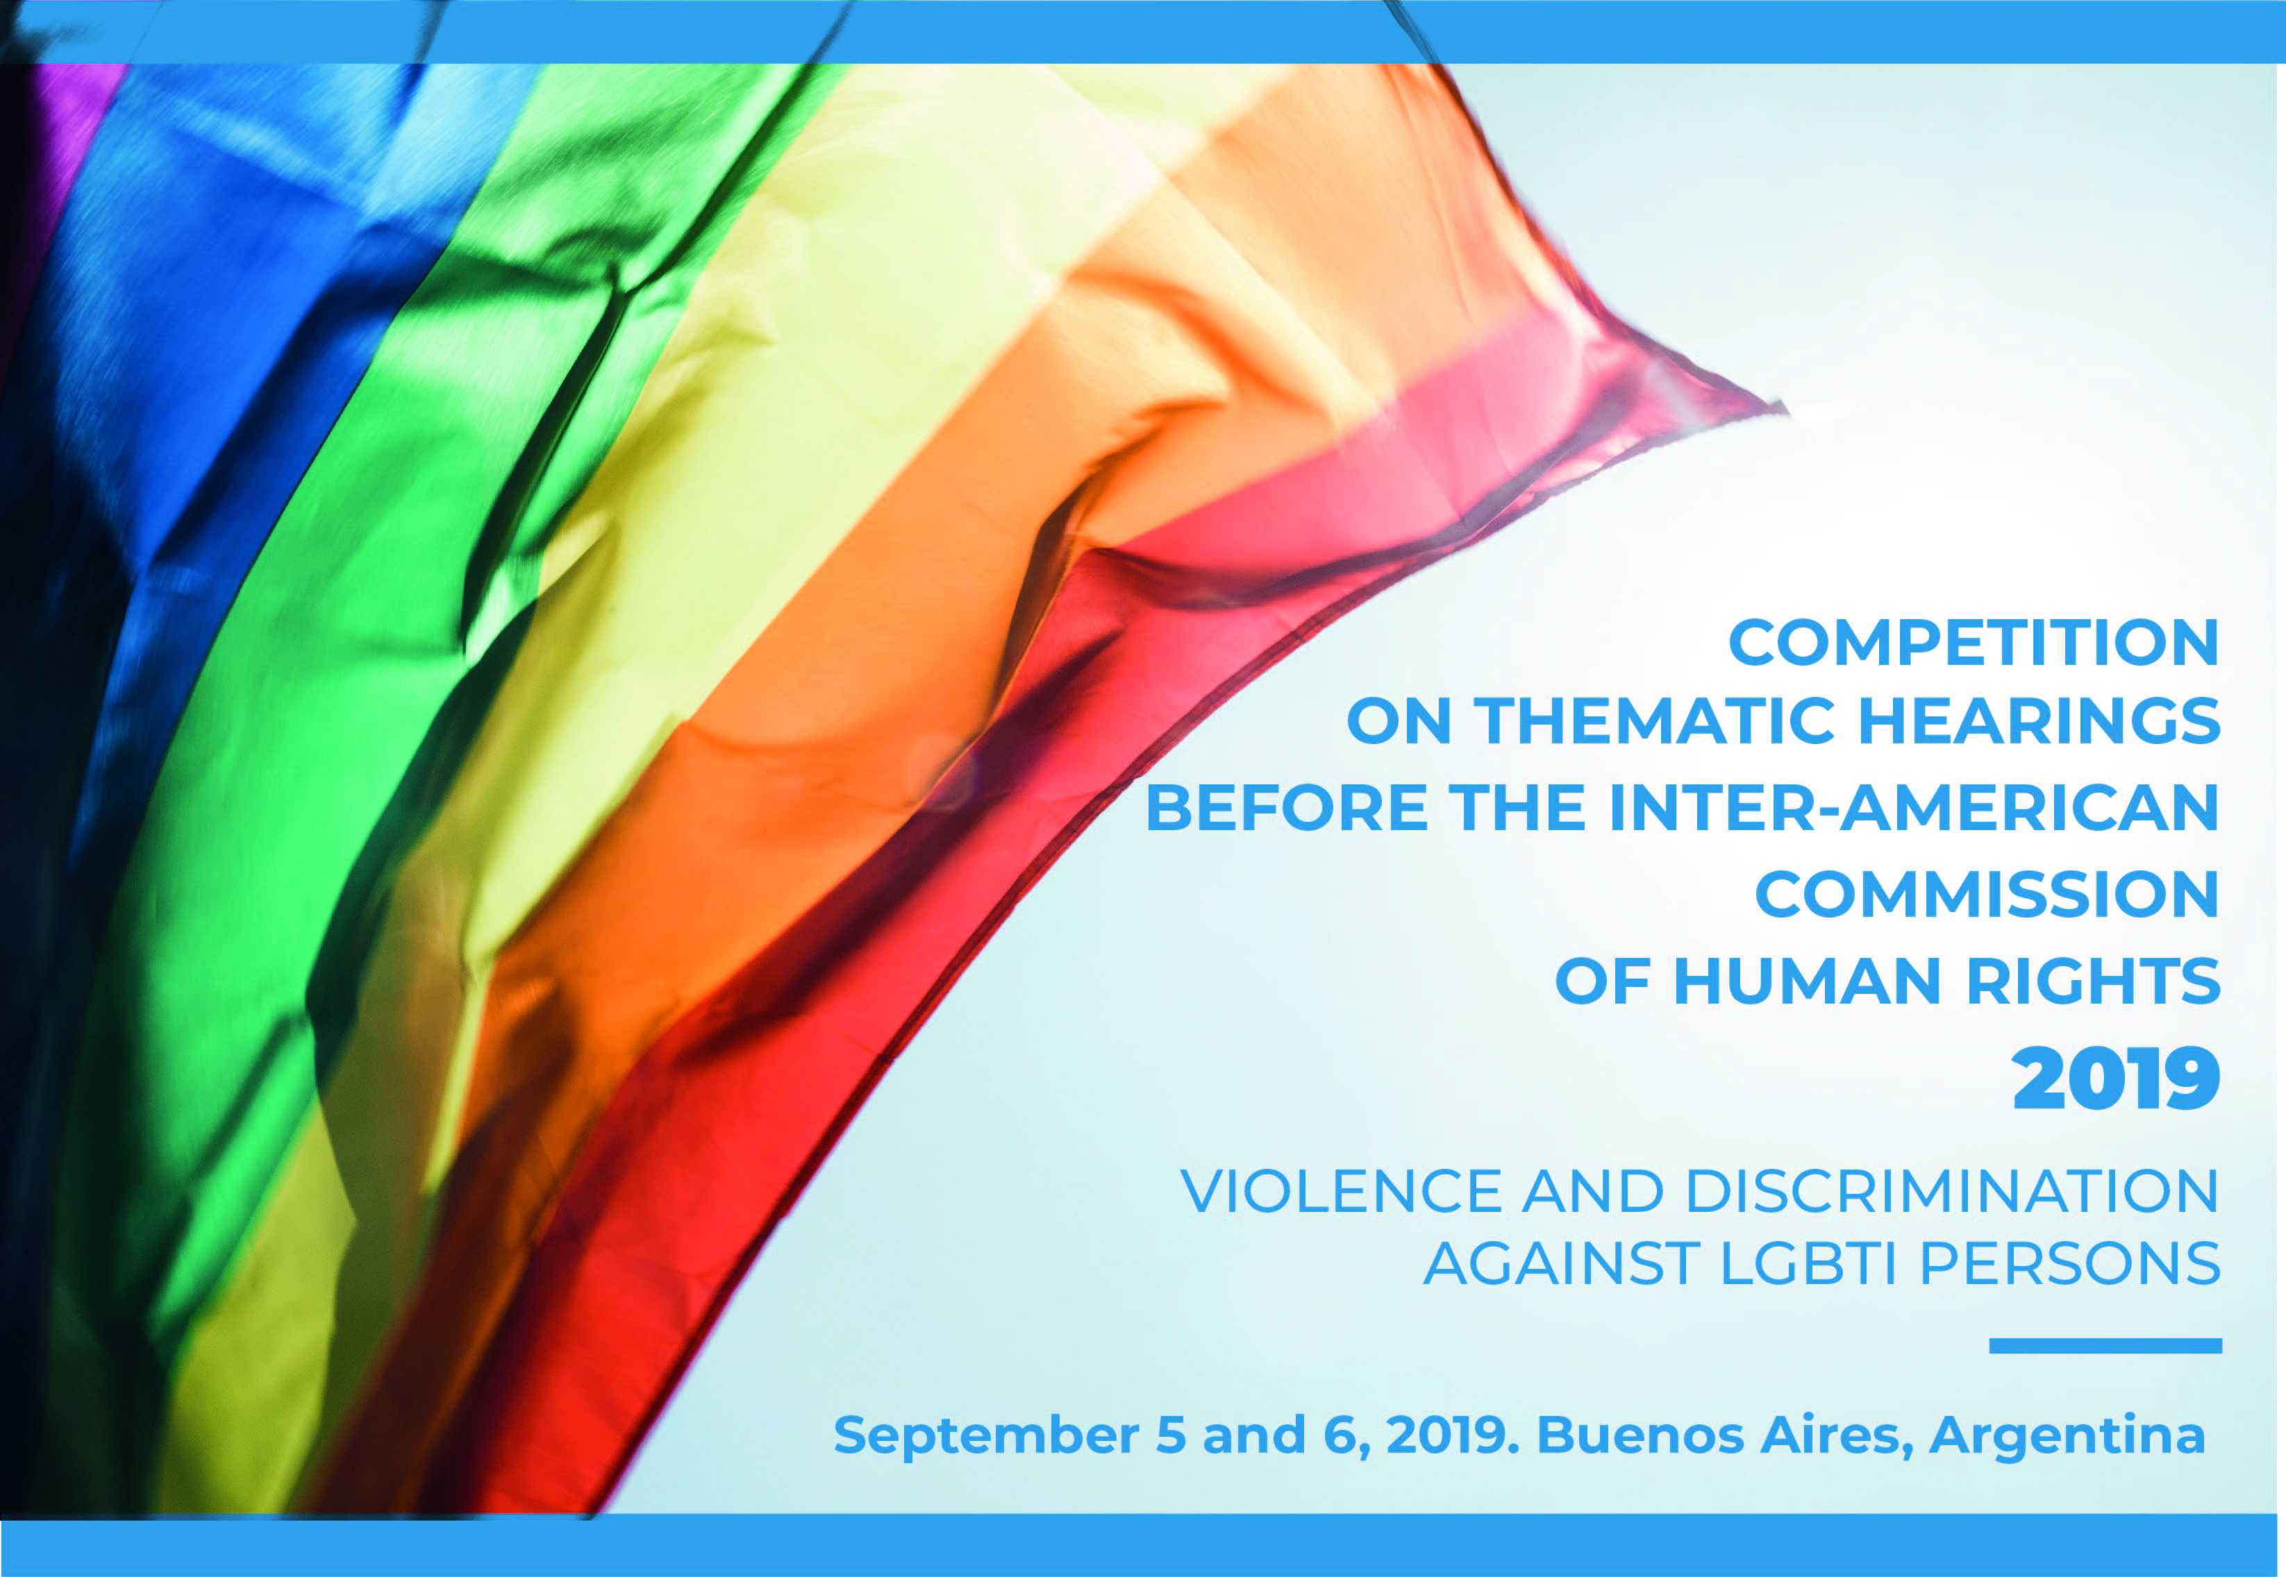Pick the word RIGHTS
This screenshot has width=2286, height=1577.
point(2093,981)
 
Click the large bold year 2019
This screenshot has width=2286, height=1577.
point(2116,1079)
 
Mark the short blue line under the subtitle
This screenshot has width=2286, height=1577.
point(2105,1346)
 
